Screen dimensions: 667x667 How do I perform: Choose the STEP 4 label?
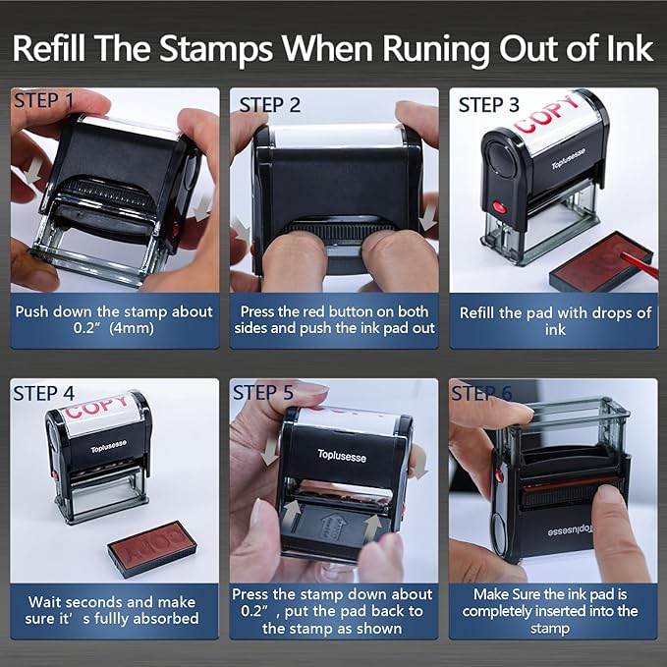43,393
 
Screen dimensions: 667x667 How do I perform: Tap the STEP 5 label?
262,393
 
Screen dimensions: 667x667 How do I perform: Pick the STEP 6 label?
481,393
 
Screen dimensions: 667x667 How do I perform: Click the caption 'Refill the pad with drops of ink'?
555,320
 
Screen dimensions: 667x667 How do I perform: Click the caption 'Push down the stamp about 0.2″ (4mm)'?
113,320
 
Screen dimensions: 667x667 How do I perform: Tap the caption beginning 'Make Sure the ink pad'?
555,610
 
